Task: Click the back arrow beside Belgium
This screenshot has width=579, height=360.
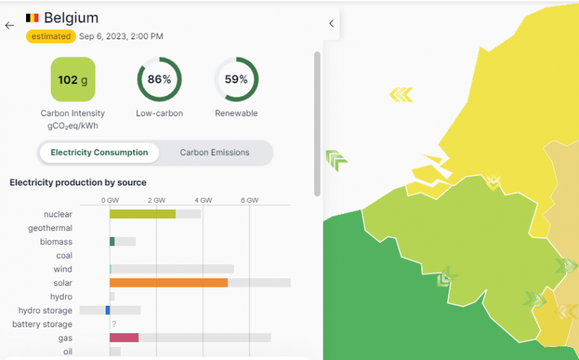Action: click(x=9, y=25)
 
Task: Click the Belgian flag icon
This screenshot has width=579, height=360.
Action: click(x=33, y=17)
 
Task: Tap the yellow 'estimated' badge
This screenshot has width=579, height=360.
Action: click(x=51, y=36)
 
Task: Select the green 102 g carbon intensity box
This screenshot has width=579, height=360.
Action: click(x=72, y=80)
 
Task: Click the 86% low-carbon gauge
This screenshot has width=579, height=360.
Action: click(x=159, y=80)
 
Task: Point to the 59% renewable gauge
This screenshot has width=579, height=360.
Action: click(x=236, y=80)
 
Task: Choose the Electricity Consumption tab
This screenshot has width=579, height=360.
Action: click(x=99, y=153)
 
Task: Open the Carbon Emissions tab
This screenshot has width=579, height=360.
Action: click(x=214, y=153)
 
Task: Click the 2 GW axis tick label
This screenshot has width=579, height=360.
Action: click(x=156, y=200)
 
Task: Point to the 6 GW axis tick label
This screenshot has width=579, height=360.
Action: click(x=250, y=200)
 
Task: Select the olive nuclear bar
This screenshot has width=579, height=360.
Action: click(x=143, y=214)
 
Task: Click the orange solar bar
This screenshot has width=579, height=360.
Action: click(x=169, y=282)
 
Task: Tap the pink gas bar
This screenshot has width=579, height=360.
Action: click(x=124, y=338)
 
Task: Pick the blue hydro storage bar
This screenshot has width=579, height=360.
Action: click(x=108, y=310)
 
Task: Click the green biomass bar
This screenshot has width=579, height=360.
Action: click(x=112, y=241)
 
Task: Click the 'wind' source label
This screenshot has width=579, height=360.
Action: click(x=63, y=269)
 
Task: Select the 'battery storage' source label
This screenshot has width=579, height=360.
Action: click(x=42, y=325)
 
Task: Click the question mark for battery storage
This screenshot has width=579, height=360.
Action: click(x=114, y=325)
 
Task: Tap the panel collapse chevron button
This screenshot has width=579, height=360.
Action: click(x=331, y=23)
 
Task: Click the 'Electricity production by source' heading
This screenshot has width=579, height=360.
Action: click(x=77, y=183)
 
